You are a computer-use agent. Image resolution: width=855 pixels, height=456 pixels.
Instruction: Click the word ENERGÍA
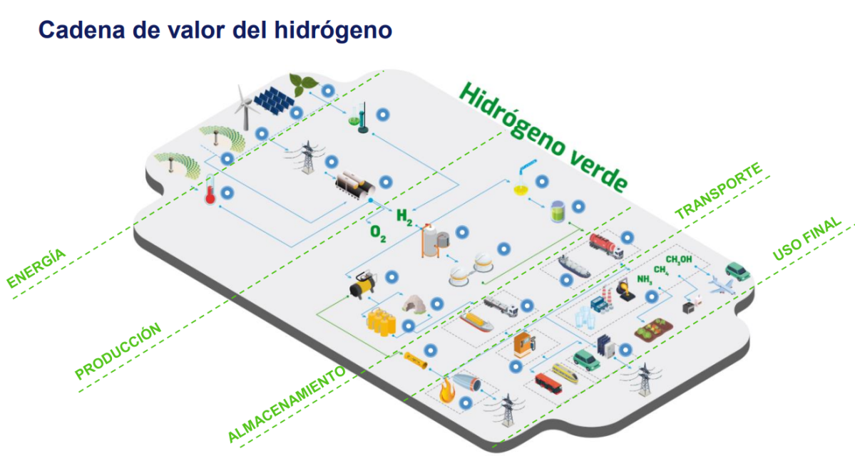tap(36, 268)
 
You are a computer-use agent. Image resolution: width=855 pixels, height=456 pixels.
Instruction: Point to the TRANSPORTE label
tap(719, 191)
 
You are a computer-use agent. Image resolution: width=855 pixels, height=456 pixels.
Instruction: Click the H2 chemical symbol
tap(404, 214)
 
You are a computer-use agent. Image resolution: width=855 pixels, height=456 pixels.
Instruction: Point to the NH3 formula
tap(645, 279)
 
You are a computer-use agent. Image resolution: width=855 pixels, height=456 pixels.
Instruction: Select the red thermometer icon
tap(210, 190)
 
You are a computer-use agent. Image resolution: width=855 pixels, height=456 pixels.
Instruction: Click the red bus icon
tap(548, 383)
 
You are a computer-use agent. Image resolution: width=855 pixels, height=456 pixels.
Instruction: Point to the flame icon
tap(447, 391)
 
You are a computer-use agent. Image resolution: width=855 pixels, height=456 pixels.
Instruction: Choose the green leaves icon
tap(303, 83)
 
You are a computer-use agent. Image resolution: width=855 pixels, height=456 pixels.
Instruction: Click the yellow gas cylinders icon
tap(382, 323)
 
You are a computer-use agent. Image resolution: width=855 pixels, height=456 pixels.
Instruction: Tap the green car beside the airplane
tap(738, 271)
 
